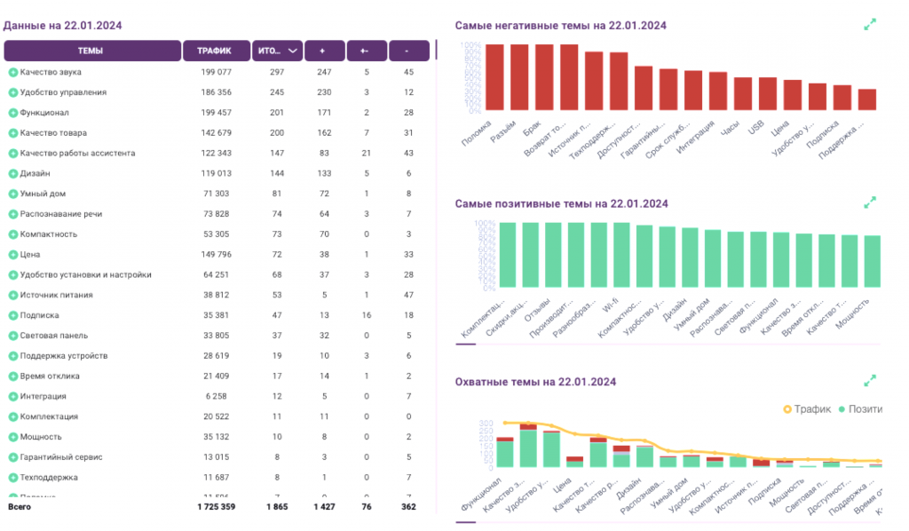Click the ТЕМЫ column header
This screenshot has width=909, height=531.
pyautogui.click(x=91, y=51)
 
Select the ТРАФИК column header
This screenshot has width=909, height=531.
pyautogui.click(x=215, y=51)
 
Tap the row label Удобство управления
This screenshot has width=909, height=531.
pyautogui.click(x=63, y=92)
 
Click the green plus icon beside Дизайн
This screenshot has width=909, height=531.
pyautogui.click(x=13, y=174)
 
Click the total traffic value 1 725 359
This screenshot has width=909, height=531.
pyautogui.click(x=216, y=506)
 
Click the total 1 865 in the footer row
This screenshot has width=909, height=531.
pyautogui.click(x=277, y=506)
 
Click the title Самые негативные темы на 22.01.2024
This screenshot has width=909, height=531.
pyautogui.click(x=560, y=26)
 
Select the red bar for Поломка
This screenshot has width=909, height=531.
pyautogui.click(x=494, y=78)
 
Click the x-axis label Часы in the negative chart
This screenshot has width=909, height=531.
pyautogui.click(x=731, y=129)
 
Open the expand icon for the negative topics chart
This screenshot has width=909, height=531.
pyautogui.click(x=870, y=25)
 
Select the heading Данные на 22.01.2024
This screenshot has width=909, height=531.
pyautogui.click(x=62, y=25)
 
